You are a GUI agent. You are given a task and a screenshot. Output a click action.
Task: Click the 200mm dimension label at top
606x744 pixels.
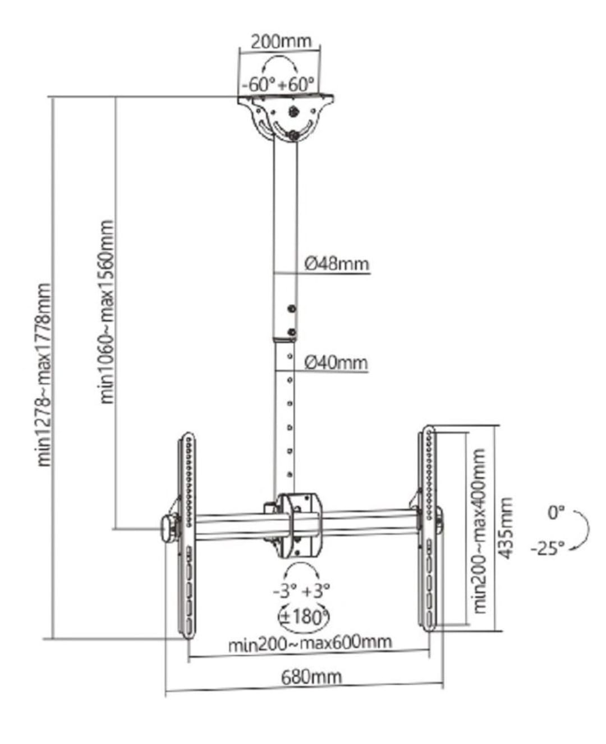(281, 42)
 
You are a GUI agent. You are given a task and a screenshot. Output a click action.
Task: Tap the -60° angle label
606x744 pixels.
(259, 85)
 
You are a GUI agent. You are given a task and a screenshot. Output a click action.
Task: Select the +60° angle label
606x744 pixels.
(297, 85)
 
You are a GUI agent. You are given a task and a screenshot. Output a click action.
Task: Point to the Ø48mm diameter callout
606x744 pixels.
(337, 265)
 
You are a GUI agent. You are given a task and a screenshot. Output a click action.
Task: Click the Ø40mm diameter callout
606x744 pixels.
(336, 363)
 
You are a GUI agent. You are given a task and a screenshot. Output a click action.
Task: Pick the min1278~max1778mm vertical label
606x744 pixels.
(44, 375)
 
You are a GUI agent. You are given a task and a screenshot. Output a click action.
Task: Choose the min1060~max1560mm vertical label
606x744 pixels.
(107, 312)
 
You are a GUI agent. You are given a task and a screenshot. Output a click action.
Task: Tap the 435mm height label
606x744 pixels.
(506, 528)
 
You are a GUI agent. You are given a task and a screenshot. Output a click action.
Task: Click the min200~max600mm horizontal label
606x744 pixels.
(310, 641)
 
